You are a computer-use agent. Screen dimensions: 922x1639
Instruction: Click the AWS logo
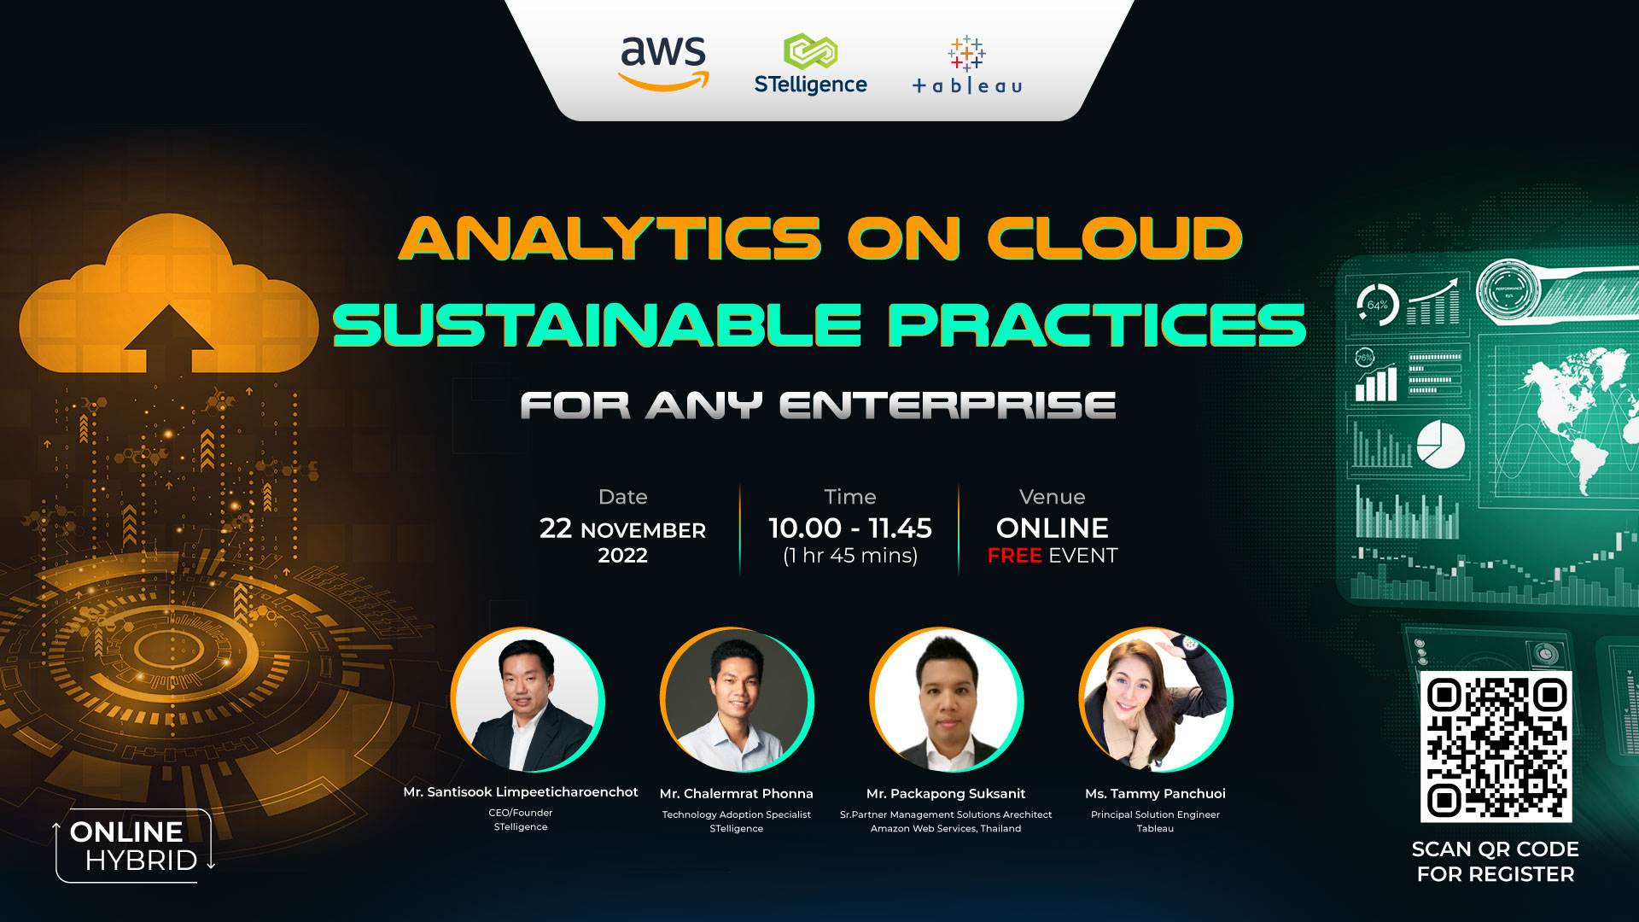(663, 61)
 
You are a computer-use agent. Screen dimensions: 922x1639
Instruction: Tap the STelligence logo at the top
(810, 64)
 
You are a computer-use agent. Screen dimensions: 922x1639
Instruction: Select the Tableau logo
(966, 65)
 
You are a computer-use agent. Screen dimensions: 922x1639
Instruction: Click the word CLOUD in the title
(1114, 238)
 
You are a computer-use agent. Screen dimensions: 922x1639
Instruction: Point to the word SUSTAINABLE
(597, 325)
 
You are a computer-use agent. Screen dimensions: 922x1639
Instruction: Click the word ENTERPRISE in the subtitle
(948, 406)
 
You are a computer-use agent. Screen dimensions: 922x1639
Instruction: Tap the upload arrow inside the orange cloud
(168, 337)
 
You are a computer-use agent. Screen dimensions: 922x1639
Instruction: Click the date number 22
(556, 528)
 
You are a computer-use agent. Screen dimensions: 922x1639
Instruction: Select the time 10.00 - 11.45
(849, 528)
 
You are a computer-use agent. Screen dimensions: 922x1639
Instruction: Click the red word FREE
(1014, 556)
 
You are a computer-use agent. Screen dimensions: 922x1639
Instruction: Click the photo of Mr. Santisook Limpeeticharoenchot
(528, 701)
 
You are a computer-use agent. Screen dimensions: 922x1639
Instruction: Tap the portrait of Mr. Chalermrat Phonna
(736, 701)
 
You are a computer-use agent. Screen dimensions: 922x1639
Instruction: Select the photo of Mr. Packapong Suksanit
(946, 701)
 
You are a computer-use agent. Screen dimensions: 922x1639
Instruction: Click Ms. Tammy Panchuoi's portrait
(1155, 701)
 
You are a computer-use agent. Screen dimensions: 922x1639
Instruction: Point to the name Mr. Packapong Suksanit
(946, 794)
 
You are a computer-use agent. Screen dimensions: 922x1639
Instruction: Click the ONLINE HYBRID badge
(133, 846)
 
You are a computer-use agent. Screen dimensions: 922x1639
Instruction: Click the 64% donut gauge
(1377, 305)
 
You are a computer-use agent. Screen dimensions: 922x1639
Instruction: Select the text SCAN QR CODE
(1495, 849)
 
